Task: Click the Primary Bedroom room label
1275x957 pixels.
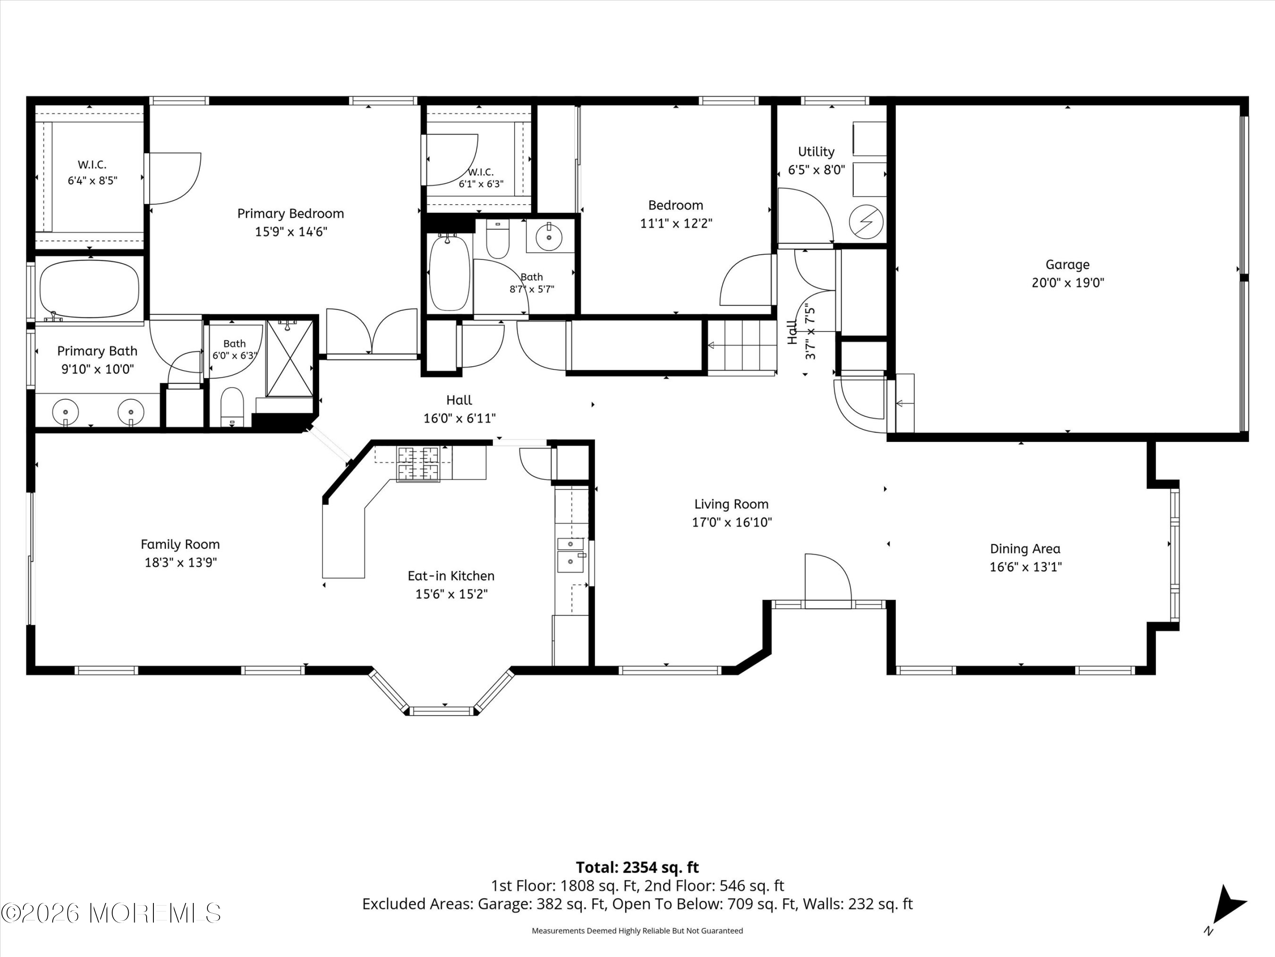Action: (x=291, y=214)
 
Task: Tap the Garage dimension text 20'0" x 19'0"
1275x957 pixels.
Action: (x=1068, y=283)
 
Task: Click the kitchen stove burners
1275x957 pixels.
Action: (x=417, y=464)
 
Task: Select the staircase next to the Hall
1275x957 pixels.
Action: (x=742, y=346)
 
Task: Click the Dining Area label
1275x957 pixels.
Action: (x=1025, y=549)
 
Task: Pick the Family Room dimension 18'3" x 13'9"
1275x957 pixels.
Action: (x=181, y=562)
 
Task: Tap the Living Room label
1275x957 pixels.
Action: (x=731, y=504)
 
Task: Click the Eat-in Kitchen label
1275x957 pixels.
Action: (x=451, y=576)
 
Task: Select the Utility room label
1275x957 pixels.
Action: (x=816, y=152)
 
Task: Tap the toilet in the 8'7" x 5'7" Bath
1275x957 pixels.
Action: (x=498, y=239)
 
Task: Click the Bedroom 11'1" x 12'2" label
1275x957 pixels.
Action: (x=676, y=214)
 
